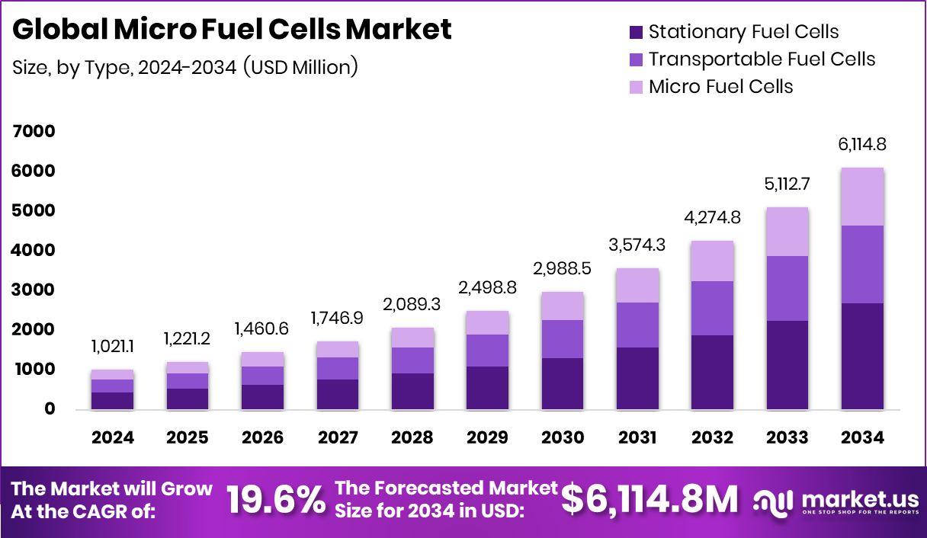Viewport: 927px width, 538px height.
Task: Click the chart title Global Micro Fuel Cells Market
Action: click(x=233, y=29)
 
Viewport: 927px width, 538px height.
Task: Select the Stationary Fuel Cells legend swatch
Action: click(x=636, y=33)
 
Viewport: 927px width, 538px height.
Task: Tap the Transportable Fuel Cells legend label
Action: click(x=762, y=59)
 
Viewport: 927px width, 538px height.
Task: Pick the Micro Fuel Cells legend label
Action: click(x=720, y=87)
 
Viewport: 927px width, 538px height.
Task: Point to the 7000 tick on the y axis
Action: click(x=34, y=131)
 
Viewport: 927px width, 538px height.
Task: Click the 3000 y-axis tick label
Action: click(x=34, y=290)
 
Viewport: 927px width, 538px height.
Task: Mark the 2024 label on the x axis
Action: click(x=112, y=437)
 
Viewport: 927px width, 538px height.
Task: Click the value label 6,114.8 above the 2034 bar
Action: click(x=863, y=145)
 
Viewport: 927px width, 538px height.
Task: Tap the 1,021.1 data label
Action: click(x=112, y=347)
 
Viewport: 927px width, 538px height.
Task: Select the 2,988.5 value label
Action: click(x=563, y=270)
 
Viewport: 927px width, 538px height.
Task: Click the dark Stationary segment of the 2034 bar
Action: click(x=863, y=356)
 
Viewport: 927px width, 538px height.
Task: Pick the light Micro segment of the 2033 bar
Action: click(x=787, y=232)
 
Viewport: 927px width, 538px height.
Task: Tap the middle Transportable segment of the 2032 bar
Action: click(x=712, y=308)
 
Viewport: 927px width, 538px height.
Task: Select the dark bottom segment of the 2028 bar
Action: click(x=412, y=391)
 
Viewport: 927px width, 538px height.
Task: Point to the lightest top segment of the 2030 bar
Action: click(x=563, y=306)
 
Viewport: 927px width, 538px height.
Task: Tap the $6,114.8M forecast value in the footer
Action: click(x=650, y=500)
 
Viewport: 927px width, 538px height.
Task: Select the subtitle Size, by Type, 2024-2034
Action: click(x=185, y=67)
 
